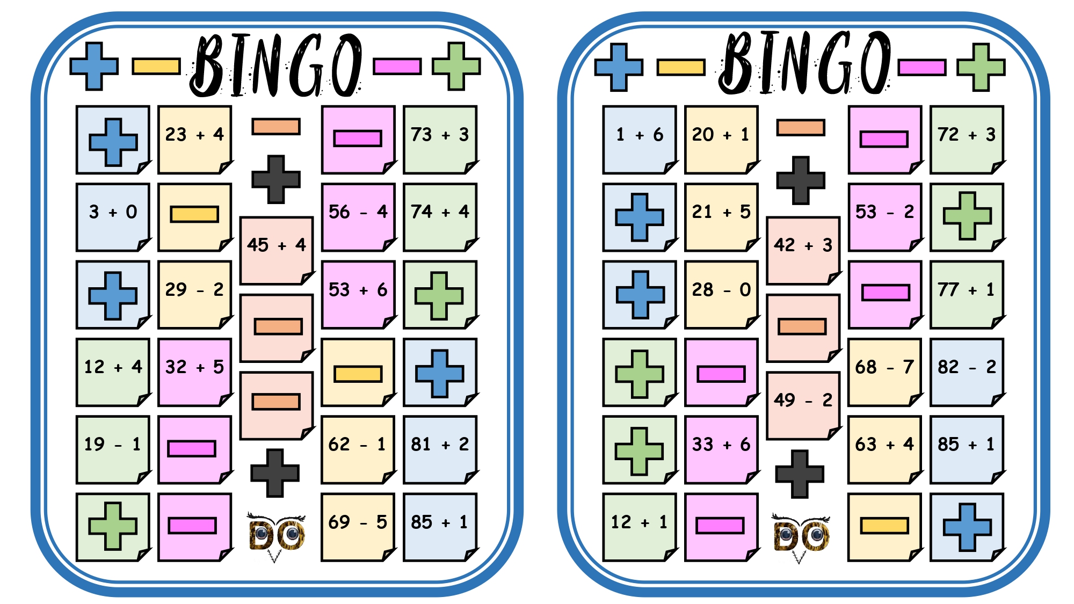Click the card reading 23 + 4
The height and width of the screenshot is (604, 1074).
194,140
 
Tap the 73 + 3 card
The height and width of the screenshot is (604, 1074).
440,140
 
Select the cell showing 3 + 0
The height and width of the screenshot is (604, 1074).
113,217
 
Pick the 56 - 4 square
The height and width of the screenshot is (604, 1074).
358,217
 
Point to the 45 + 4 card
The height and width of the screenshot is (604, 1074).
277,251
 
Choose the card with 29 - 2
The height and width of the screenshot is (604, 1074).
194,295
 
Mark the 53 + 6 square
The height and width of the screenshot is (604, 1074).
358,295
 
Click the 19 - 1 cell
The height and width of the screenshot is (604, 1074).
113,449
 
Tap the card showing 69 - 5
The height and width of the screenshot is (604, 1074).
358,527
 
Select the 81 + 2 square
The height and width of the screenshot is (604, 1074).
440,449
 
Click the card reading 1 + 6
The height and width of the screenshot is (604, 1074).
640,140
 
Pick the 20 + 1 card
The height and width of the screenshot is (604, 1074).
721,140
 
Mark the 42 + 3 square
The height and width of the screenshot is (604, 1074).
803,251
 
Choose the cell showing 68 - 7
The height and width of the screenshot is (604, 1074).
885,372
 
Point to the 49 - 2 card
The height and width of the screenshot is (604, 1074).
803,405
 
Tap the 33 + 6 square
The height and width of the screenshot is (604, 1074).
721,449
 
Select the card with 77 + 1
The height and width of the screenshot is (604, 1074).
967,295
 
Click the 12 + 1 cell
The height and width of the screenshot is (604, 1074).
640,527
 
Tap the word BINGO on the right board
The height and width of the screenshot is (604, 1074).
804,63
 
